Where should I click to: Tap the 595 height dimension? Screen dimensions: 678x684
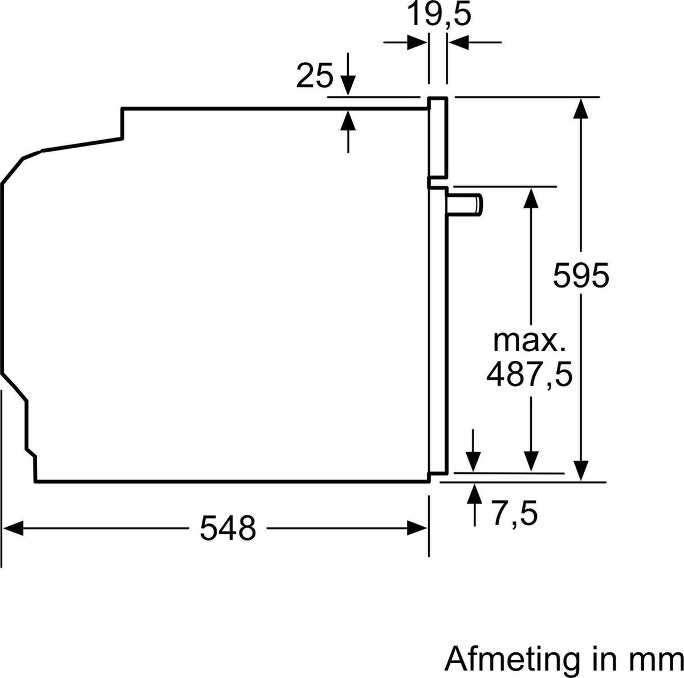(581, 277)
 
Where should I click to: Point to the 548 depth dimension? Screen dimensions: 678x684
(227, 529)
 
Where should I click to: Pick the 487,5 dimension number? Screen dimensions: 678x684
(529, 376)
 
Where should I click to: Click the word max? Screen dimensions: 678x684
(529, 341)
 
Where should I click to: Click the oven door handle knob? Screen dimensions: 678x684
(466, 204)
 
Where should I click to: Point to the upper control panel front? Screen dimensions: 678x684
(437, 137)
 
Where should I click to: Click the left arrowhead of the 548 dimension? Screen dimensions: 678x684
(13, 529)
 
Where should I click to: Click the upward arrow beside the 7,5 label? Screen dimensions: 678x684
(474, 494)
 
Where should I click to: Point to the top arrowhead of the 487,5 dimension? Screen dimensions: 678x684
(531, 197)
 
